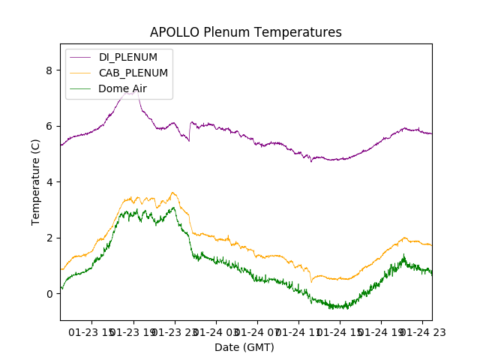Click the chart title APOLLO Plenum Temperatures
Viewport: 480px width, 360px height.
245,32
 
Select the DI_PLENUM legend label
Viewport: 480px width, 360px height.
128,58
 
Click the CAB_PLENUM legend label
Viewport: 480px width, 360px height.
133,73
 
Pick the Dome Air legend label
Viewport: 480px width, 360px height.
122,88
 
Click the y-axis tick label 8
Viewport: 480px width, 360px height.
49,70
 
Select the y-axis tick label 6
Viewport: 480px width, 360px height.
49,126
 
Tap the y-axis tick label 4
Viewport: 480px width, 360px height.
49,182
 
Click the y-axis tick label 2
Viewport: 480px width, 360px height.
49,238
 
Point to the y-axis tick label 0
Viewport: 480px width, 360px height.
49,294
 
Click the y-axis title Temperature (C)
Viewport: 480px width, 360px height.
36,182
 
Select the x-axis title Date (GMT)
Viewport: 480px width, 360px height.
244,347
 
